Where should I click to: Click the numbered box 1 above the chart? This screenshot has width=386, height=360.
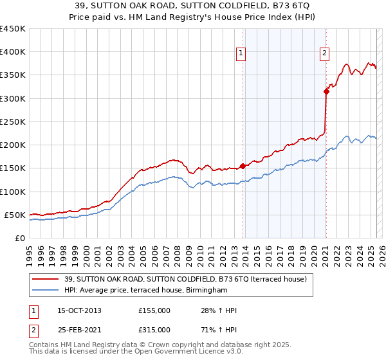click(x=241, y=53)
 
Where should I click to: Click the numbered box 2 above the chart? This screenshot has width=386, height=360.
click(x=324, y=53)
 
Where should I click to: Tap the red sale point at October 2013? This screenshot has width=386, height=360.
click(x=243, y=166)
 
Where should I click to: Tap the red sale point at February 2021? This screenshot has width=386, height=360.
click(x=326, y=91)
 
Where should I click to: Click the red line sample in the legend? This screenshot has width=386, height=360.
click(x=46, y=279)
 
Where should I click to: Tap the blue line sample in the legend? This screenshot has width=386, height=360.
click(x=46, y=291)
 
